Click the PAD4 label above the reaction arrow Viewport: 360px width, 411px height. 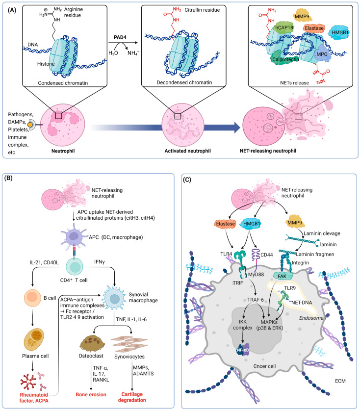120,37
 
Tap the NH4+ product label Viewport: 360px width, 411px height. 133,53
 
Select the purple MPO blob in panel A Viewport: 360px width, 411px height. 322,54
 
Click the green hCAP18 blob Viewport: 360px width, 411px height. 284,27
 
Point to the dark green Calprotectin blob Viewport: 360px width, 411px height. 285,58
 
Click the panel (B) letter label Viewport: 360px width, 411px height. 8,178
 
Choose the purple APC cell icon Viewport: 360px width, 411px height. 74,235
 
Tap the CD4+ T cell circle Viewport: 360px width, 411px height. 75,267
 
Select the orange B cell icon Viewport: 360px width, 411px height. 32,298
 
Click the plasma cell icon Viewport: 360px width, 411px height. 34,339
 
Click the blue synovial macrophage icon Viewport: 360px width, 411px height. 114,298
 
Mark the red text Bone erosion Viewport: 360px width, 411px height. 91,394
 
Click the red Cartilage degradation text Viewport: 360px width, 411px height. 132,397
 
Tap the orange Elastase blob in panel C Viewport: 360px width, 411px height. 226,224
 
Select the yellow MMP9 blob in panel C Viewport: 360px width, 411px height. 295,223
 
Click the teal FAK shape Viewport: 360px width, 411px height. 282,276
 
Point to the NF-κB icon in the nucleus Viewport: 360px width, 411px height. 243,350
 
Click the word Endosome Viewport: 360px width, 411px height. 311,318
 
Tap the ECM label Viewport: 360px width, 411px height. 340,381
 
